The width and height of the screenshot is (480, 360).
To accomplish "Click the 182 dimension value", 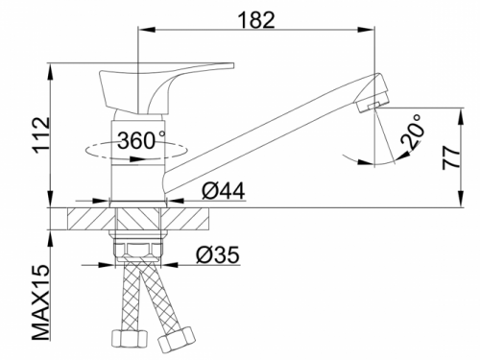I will tap(258, 17).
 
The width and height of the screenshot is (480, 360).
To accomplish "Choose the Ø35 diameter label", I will tap(217, 255).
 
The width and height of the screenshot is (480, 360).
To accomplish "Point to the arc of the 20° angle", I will tap(374, 154).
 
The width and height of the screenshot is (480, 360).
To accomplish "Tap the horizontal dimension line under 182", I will tap(258, 31).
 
